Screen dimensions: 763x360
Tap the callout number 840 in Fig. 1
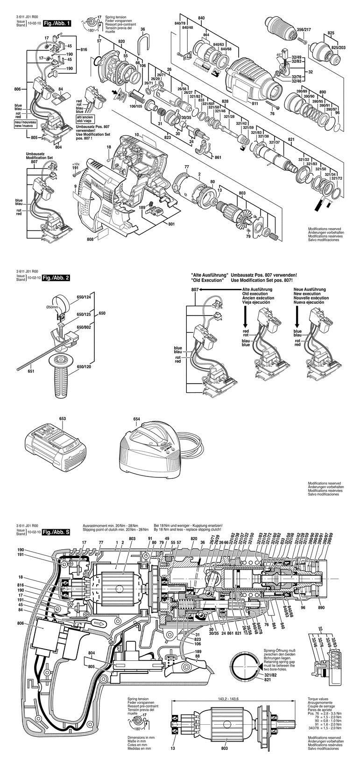click(201, 17)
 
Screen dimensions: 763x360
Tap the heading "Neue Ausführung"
click(311, 289)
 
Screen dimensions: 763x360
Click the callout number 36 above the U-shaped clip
click(143, 29)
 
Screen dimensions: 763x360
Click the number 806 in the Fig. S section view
click(19, 623)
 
